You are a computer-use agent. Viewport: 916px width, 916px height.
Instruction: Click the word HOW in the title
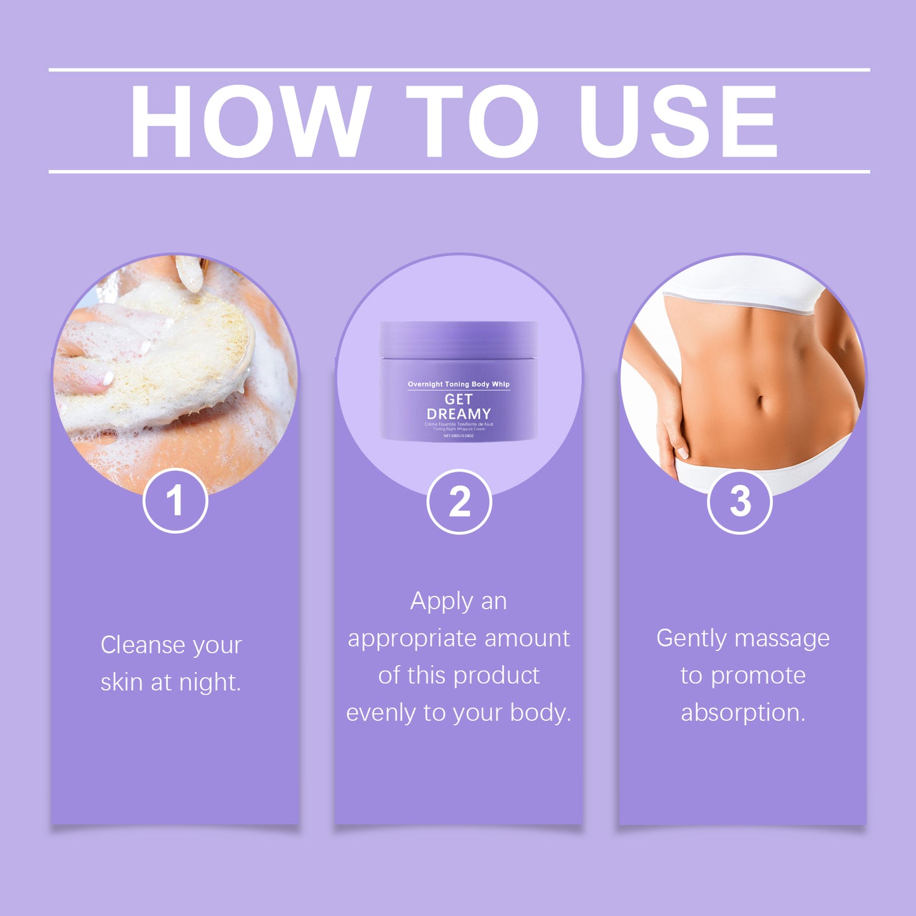250,120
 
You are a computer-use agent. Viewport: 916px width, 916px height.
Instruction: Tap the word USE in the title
678,120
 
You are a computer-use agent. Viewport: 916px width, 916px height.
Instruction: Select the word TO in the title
472,120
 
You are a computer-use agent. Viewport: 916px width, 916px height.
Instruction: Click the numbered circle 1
175,501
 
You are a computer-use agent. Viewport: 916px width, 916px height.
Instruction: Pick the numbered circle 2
459,501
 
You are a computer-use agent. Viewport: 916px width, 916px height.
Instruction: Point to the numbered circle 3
739,501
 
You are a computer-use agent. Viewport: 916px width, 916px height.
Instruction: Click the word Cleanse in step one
143,645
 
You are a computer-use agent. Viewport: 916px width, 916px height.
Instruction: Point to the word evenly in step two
382,713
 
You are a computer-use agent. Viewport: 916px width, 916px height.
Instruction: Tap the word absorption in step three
743,713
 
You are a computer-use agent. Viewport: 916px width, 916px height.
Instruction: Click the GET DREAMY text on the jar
458,406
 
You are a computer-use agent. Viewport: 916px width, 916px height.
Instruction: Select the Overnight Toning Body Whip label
458,384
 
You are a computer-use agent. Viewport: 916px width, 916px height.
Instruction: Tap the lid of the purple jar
458,340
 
